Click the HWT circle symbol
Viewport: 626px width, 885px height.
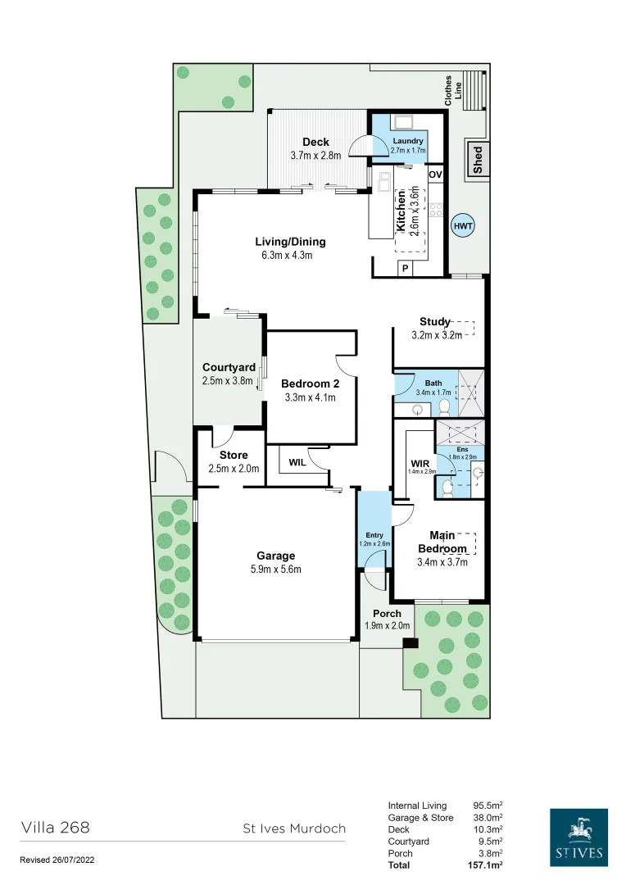click(x=463, y=225)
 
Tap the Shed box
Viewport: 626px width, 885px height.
click(x=478, y=159)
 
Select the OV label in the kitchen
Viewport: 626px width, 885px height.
click(x=435, y=175)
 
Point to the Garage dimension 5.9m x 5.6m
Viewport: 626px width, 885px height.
click(x=274, y=570)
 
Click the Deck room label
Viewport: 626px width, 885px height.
click(x=315, y=142)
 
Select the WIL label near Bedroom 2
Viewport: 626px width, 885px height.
click(x=296, y=463)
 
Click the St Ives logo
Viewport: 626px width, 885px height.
click(x=578, y=837)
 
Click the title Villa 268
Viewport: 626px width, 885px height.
click(x=55, y=828)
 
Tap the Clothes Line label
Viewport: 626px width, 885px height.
click(x=453, y=91)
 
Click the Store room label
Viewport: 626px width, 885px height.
click(x=234, y=456)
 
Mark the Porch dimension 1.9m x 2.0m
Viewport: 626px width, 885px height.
click(x=387, y=627)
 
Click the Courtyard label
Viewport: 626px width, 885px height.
click(x=229, y=368)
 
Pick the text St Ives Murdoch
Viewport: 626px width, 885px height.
click(x=294, y=828)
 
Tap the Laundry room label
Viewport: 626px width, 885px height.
click(x=408, y=141)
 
